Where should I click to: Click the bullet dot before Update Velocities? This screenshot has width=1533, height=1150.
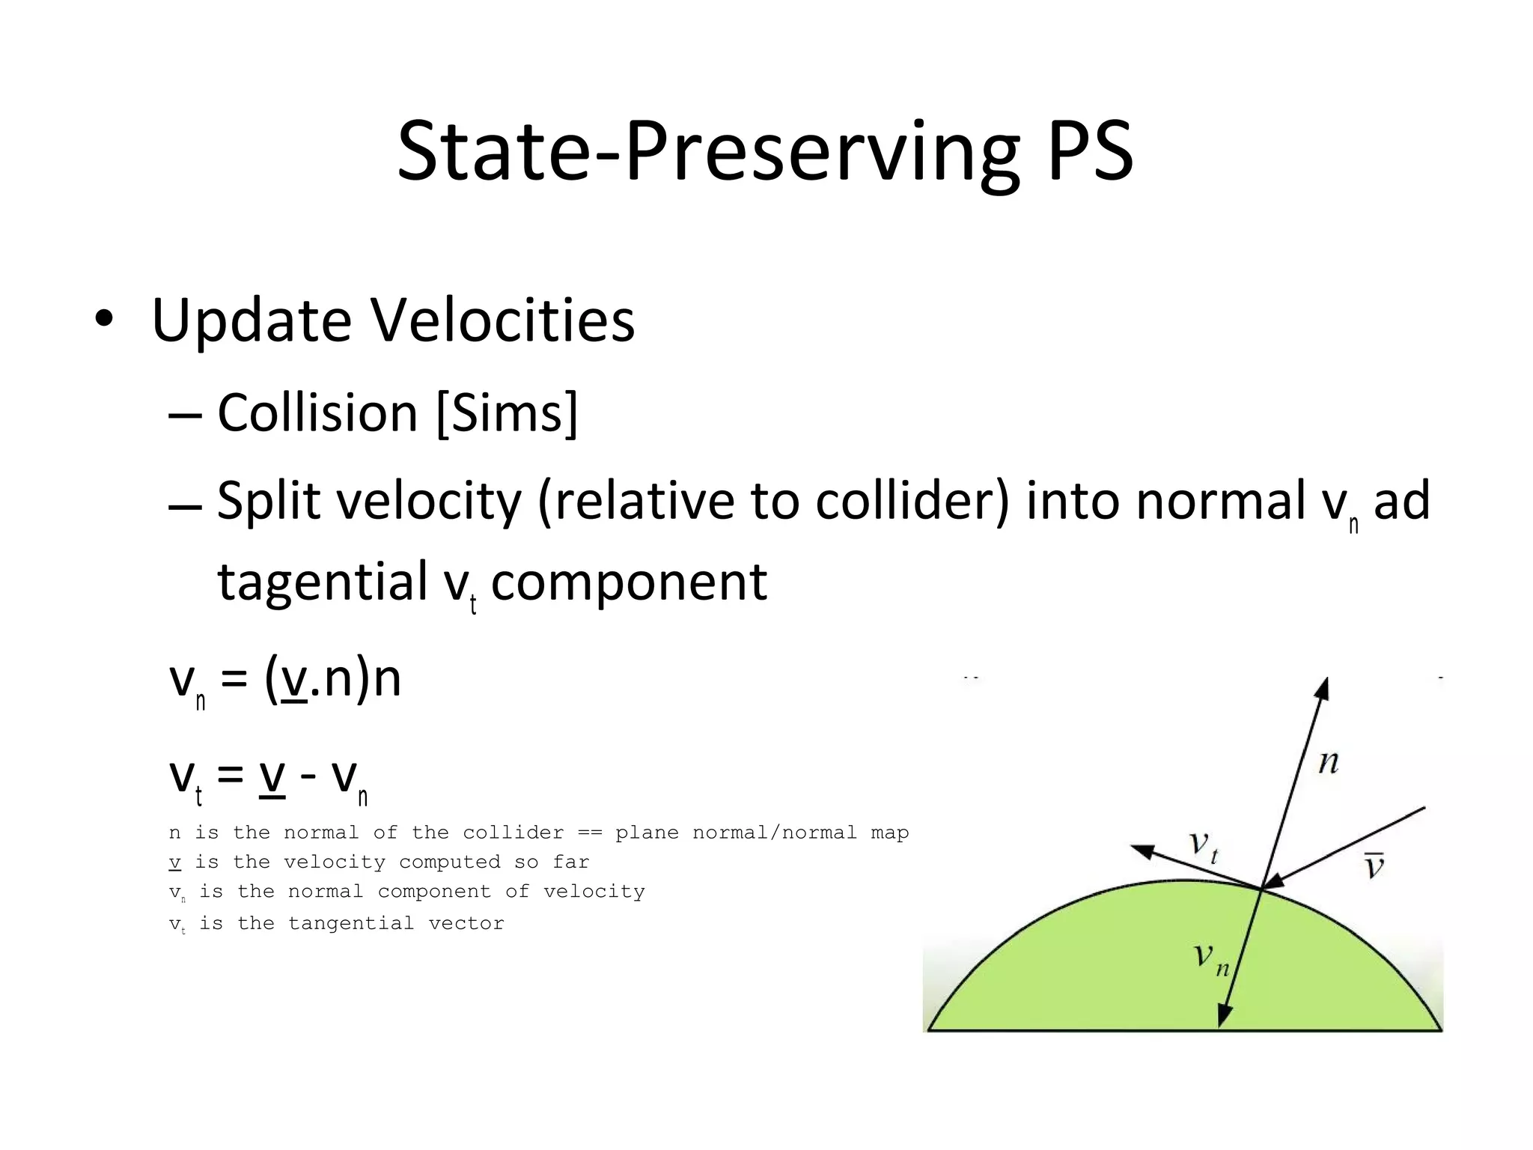[104, 320]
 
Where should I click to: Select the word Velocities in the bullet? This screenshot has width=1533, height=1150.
[503, 320]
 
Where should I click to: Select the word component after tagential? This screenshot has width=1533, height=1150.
[629, 581]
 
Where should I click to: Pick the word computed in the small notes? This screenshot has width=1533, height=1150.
[449, 862]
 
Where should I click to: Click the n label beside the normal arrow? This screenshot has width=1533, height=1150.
[1328, 763]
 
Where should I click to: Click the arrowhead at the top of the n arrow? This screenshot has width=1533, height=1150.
[1323, 687]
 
